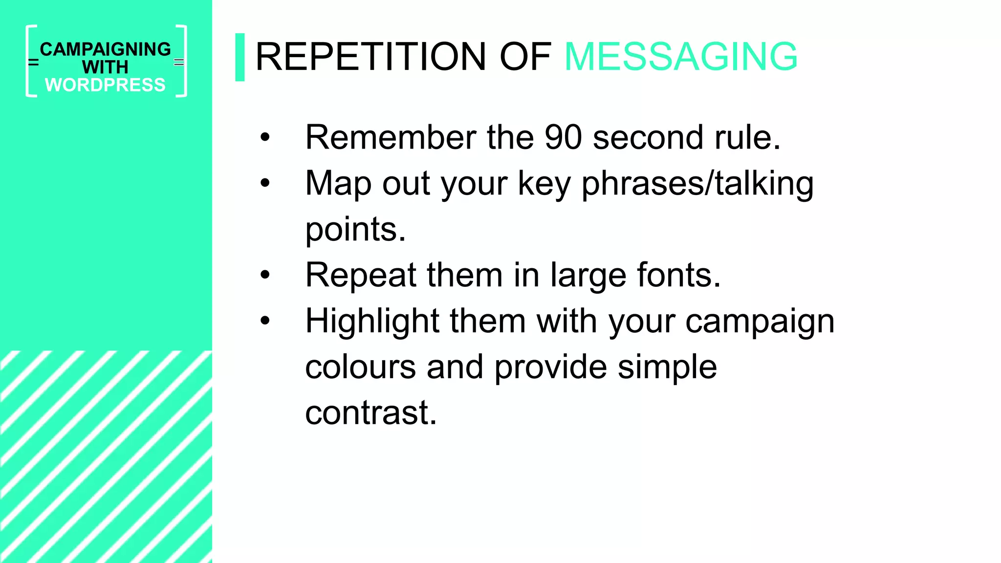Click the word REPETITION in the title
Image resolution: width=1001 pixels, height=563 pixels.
click(370, 57)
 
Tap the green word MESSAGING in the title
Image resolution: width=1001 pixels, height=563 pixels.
click(680, 57)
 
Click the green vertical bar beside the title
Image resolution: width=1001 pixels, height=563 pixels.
click(239, 57)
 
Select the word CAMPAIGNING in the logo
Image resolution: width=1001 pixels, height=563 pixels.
click(106, 49)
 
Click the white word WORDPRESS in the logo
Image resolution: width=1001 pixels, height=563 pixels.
click(106, 85)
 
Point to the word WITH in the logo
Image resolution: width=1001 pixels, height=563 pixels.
click(106, 67)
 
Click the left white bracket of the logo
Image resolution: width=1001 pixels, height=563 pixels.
click(30, 61)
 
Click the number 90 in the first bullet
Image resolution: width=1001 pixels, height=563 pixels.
click(563, 137)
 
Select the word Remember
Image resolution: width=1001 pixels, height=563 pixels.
click(391, 137)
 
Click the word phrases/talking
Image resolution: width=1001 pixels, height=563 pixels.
click(697, 184)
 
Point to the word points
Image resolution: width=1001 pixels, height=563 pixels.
click(355, 229)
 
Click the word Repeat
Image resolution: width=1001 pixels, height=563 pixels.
click(361, 275)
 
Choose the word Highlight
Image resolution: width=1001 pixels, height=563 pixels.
click(372, 322)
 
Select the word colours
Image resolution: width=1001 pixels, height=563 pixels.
click(360, 367)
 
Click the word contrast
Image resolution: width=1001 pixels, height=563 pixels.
click(370, 413)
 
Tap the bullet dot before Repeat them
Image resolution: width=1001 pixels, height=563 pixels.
click(265, 275)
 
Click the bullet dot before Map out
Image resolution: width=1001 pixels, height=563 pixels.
click(265, 184)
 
